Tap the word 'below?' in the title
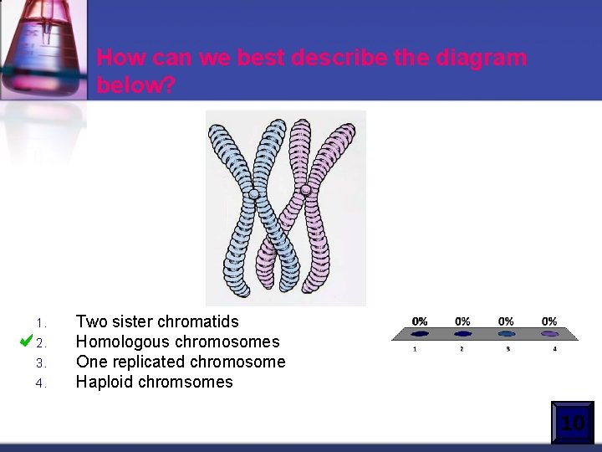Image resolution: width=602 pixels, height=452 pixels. (x=136, y=85)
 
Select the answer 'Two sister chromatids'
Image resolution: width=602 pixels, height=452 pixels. (x=157, y=321)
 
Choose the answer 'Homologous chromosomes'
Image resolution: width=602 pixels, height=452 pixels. (x=177, y=342)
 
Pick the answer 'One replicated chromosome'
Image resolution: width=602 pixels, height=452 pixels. (x=181, y=362)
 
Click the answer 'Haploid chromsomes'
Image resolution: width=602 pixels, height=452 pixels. (x=154, y=382)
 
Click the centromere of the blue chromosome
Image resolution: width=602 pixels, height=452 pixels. (x=253, y=194)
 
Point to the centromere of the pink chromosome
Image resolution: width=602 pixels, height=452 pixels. (x=306, y=190)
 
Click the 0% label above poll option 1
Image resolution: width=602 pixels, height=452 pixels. (x=420, y=321)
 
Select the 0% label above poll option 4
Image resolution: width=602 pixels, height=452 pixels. (x=549, y=321)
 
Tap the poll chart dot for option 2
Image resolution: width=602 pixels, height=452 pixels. (x=462, y=334)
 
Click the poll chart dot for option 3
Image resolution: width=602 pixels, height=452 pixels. (x=506, y=334)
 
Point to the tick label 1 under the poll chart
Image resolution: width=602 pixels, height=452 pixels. (x=416, y=348)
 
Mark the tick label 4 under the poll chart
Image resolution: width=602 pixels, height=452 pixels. (x=554, y=348)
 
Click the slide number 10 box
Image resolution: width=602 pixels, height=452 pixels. (x=573, y=423)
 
